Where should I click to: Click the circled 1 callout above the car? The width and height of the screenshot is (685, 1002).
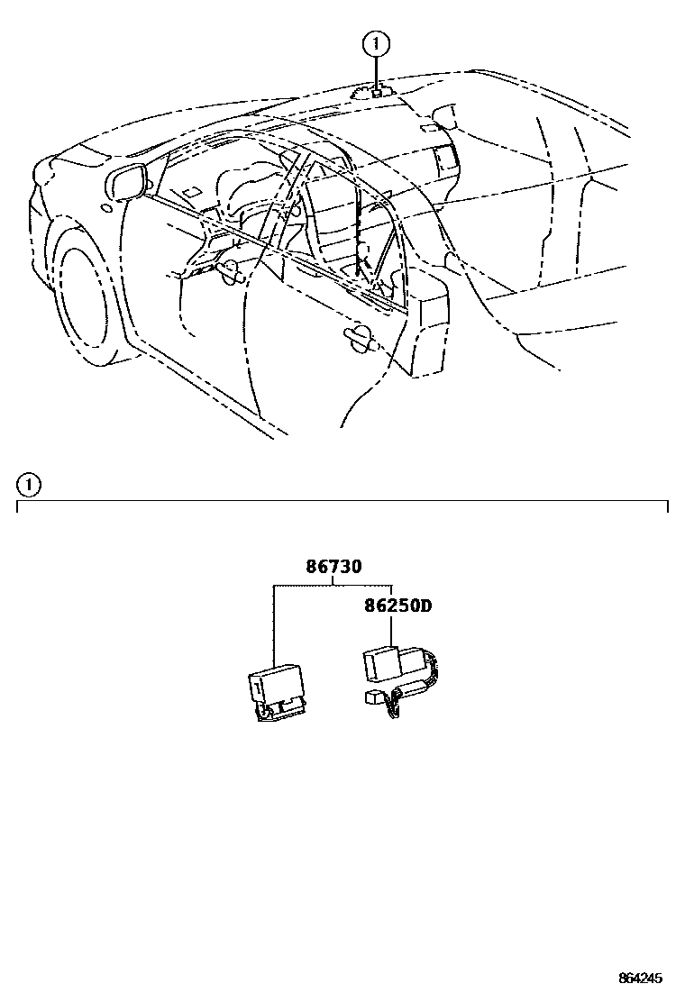(x=376, y=42)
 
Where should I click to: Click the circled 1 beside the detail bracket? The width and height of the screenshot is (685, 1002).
(x=29, y=485)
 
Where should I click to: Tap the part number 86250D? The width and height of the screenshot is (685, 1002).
(x=397, y=606)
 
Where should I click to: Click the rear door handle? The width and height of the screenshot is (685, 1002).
(x=361, y=336)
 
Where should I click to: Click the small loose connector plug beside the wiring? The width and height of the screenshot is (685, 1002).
(x=373, y=697)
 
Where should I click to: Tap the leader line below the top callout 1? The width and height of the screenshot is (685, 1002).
(x=376, y=69)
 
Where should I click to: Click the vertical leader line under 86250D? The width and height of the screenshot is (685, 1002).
(x=390, y=631)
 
